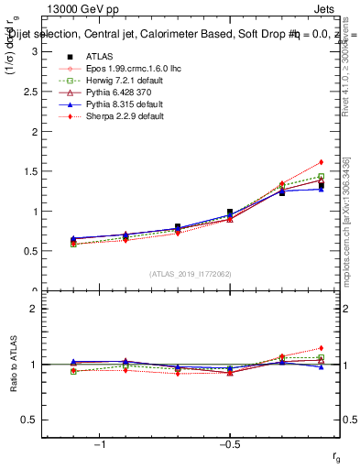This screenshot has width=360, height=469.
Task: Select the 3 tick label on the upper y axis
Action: tap(34, 51)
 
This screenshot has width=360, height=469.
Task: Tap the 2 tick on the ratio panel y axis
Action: tap(34, 309)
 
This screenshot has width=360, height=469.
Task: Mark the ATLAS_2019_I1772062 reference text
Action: tap(191, 274)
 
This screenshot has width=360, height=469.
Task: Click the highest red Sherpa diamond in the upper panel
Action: tap(322, 162)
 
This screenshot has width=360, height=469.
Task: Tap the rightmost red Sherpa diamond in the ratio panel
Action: tap(322, 348)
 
